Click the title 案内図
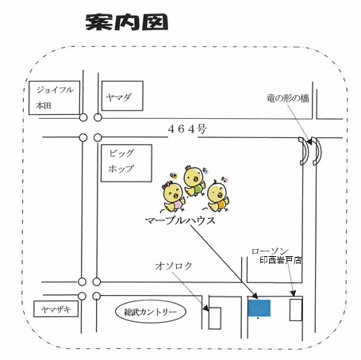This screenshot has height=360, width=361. pos(127,22)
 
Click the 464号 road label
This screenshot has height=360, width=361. pos(187,129)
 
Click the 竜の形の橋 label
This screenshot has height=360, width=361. pos(288,98)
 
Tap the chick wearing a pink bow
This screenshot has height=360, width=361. pos(173,197)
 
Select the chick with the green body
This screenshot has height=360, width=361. pos(194,181)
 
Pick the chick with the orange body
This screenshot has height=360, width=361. pos(217,197)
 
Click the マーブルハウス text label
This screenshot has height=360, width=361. pos(180,220)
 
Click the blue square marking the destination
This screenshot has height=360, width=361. pos(259,308)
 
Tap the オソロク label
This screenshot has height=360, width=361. pos(174,266)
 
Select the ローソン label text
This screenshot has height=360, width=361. pos(270,251)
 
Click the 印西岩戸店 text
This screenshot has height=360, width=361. pos(281,260)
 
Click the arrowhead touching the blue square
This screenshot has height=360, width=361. pos(255,296)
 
